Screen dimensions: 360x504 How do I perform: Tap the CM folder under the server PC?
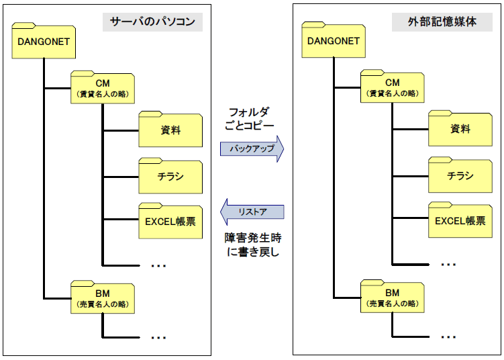[102, 87]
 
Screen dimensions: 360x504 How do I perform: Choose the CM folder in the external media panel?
[393, 87]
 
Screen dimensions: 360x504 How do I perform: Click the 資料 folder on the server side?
[170, 130]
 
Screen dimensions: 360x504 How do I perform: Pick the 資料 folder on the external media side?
[460, 130]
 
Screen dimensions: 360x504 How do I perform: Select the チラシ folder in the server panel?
[170, 176]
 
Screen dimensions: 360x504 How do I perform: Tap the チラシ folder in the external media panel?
[460, 176]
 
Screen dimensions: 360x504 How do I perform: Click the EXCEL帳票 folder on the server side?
[170, 221]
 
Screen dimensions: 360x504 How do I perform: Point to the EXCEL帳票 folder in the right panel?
[460, 221]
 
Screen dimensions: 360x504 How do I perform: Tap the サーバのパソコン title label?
[153, 22]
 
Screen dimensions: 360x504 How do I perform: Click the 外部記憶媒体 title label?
[443, 22]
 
